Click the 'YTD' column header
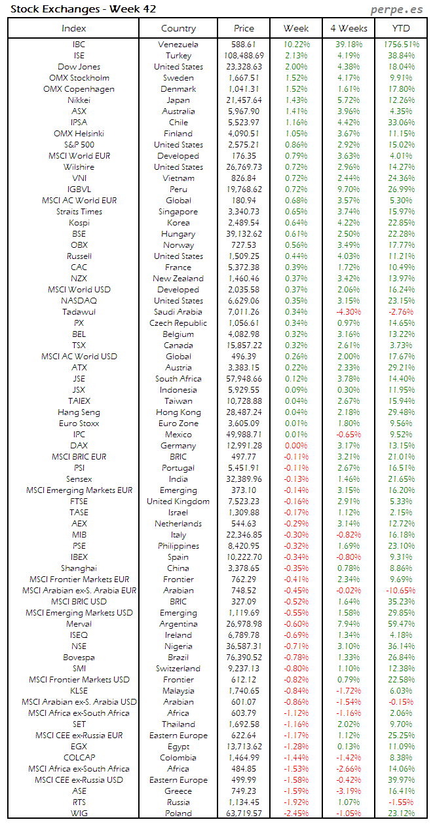[401, 28]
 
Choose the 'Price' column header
[244, 28]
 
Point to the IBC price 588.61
[244, 45]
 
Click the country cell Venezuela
[178, 45]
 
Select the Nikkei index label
[79, 100]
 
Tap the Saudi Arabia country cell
[178, 312]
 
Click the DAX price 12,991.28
[244, 446]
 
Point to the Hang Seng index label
[79, 412]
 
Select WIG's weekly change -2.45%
[296, 814]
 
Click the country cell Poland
[178, 814]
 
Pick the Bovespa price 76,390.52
[244, 658]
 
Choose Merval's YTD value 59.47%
[401, 624]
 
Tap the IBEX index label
[79, 557]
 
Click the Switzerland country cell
[178, 669]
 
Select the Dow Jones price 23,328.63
[244, 67]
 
